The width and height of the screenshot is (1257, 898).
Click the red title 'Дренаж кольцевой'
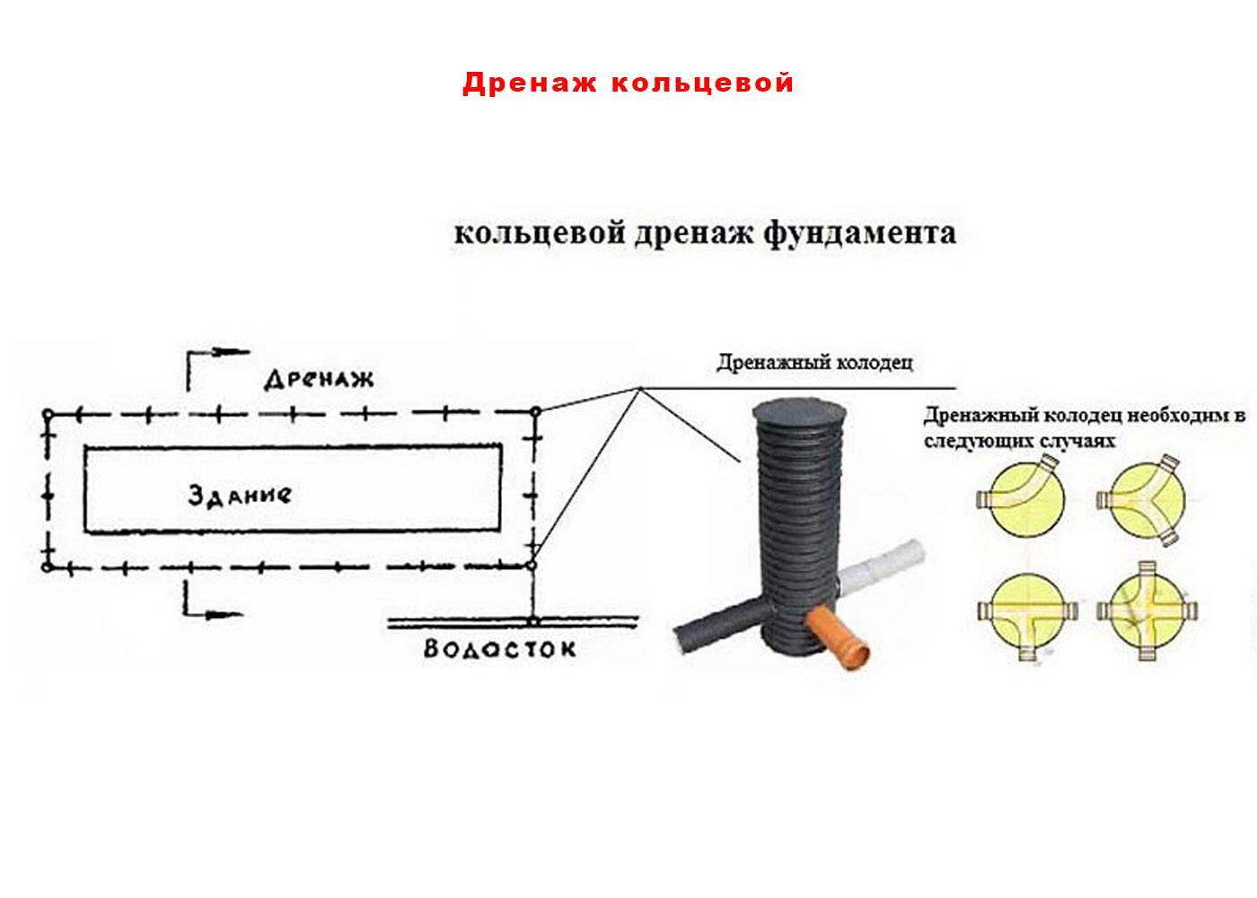[x=628, y=83]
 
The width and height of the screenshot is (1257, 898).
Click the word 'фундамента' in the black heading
[x=859, y=233]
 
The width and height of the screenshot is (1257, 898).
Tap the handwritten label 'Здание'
[x=240, y=495]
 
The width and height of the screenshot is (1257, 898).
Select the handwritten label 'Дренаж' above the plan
[x=319, y=378]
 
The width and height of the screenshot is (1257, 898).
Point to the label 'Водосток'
[x=499, y=648]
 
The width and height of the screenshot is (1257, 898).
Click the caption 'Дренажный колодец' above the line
[x=815, y=362]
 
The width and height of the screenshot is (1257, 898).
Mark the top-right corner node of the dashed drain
[x=536, y=411]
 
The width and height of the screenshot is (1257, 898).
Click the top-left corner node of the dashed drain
[x=48, y=414]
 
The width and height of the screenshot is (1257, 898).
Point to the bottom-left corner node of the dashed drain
[x=48, y=567]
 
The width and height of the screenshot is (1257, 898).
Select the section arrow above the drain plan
[x=217, y=369]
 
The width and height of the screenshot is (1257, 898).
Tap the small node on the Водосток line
[x=533, y=621]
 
